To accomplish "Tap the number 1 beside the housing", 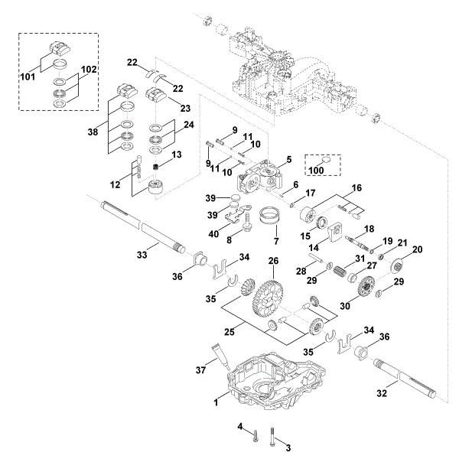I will tap(216, 400).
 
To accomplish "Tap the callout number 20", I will tap(418, 249).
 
